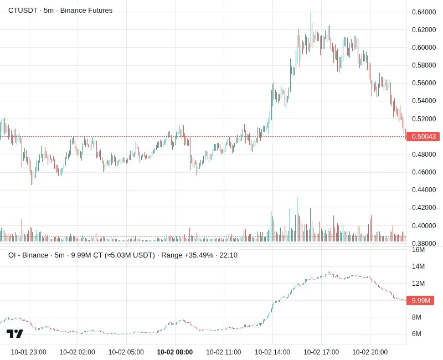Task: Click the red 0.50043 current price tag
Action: [x=423, y=137]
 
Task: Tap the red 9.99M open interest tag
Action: [x=420, y=300]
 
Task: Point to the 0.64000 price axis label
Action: [x=424, y=12]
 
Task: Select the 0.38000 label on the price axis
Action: [x=424, y=243]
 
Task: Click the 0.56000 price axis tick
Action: [x=424, y=83]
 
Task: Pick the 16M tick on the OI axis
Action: [x=419, y=250]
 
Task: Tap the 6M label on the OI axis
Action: [x=416, y=334]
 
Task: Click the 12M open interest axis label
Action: [x=419, y=284]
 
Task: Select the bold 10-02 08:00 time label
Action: [x=175, y=352]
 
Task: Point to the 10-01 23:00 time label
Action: [x=29, y=352]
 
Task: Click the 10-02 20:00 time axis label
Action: [x=370, y=352]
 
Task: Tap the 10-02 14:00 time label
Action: [x=272, y=352]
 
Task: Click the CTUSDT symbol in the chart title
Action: [x=23, y=11]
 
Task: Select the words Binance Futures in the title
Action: [x=86, y=11]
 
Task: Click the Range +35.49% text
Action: [x=187, y=255]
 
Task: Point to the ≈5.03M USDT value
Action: [x=130, y=255]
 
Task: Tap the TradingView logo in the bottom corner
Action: [x=15, y=334]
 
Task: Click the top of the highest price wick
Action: [x=311, y=12]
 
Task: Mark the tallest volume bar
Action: [x=297, y=219]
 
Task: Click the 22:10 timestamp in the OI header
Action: [x=229, y=255]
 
